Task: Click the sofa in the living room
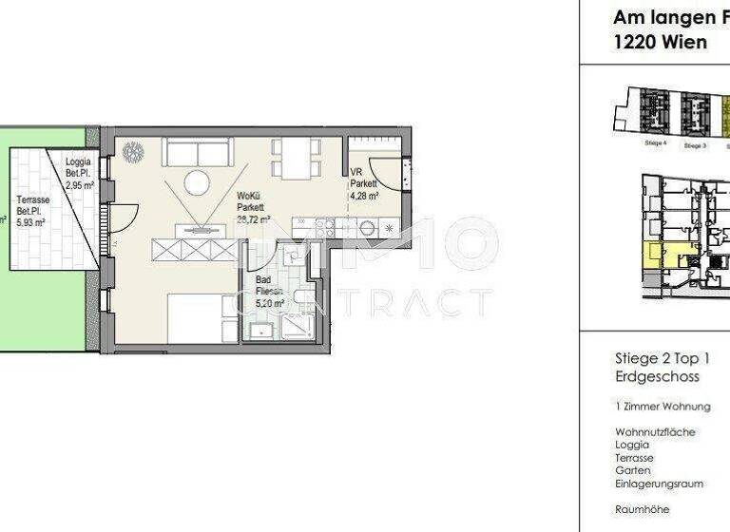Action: point(197,151)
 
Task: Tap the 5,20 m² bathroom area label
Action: point(270,305)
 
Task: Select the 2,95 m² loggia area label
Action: point(79,186)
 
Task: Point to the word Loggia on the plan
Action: point(78,162)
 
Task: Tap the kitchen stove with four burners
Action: point(323,227)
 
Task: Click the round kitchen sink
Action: point(366,228)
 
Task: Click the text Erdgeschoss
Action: point(657,377)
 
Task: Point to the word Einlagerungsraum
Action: point(659,484)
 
